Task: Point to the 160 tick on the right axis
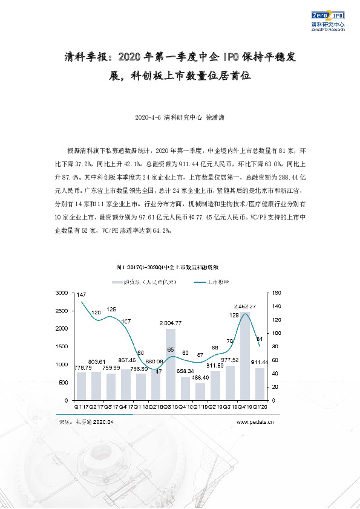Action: click(277, 293)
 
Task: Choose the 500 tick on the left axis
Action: click(63, 383)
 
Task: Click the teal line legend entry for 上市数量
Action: click(206, 282)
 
